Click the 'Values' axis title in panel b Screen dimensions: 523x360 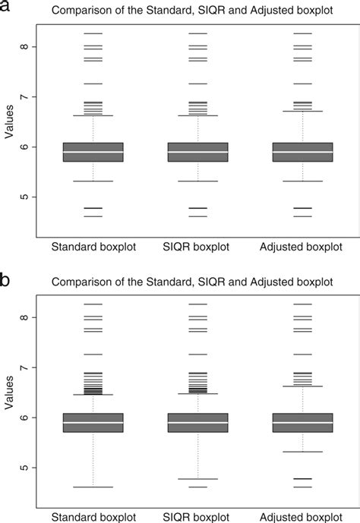click(9, 394)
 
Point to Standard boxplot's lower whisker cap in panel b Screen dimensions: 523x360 click(93, 487)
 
